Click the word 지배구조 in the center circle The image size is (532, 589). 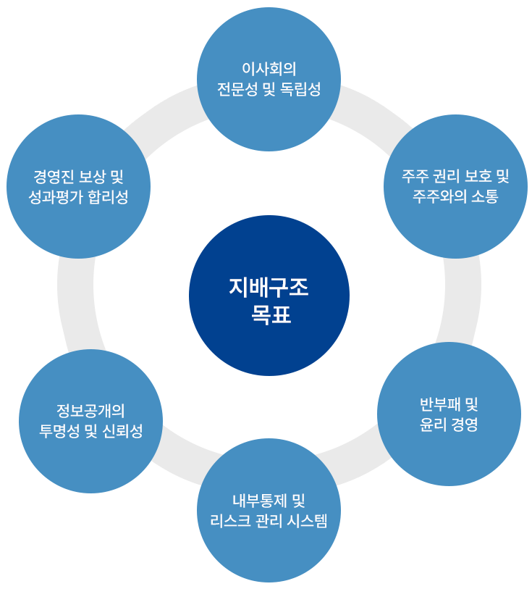click(269, 288)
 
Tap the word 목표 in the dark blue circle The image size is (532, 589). click(269, 315)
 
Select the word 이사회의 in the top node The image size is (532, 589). click(269, 69)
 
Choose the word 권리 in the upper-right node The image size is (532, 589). click(449, 176)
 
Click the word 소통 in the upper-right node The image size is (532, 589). click(484, 196)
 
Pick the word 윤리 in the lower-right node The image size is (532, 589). click(432, 425)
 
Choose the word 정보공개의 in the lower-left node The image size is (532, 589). click(90, 410)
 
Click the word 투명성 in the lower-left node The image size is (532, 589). click(59, 431)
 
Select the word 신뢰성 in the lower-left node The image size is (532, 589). click(123, 431)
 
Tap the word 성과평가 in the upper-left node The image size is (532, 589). click(58, 196)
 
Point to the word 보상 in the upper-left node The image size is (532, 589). click(89, 176)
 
